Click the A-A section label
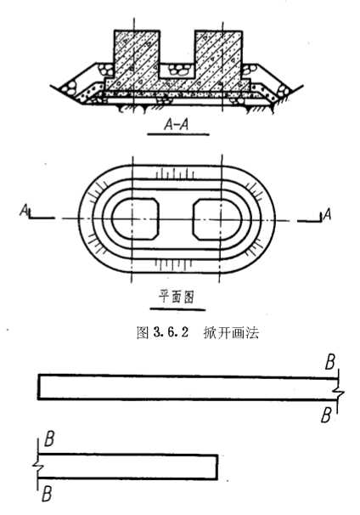(x=177, y=124)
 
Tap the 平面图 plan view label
(x=177, y=297)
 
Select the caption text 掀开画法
(x=231, y=333)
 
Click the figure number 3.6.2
(x=171, y=333)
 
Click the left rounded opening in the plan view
(x=135, y=218)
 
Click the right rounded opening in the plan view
(x=217, y=218)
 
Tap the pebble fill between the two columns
(x=177, y=69)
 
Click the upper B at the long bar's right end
(x=329, y=362)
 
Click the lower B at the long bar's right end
(x=326, y=416)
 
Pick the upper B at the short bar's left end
(x=49, y=439)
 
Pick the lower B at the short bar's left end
(x=47, y=494)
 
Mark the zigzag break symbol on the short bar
(x=37, y=466)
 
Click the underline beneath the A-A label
(x=178, y=134)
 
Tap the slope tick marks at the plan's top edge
(x=175, y=173)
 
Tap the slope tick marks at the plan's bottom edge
(x=173, y=264)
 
